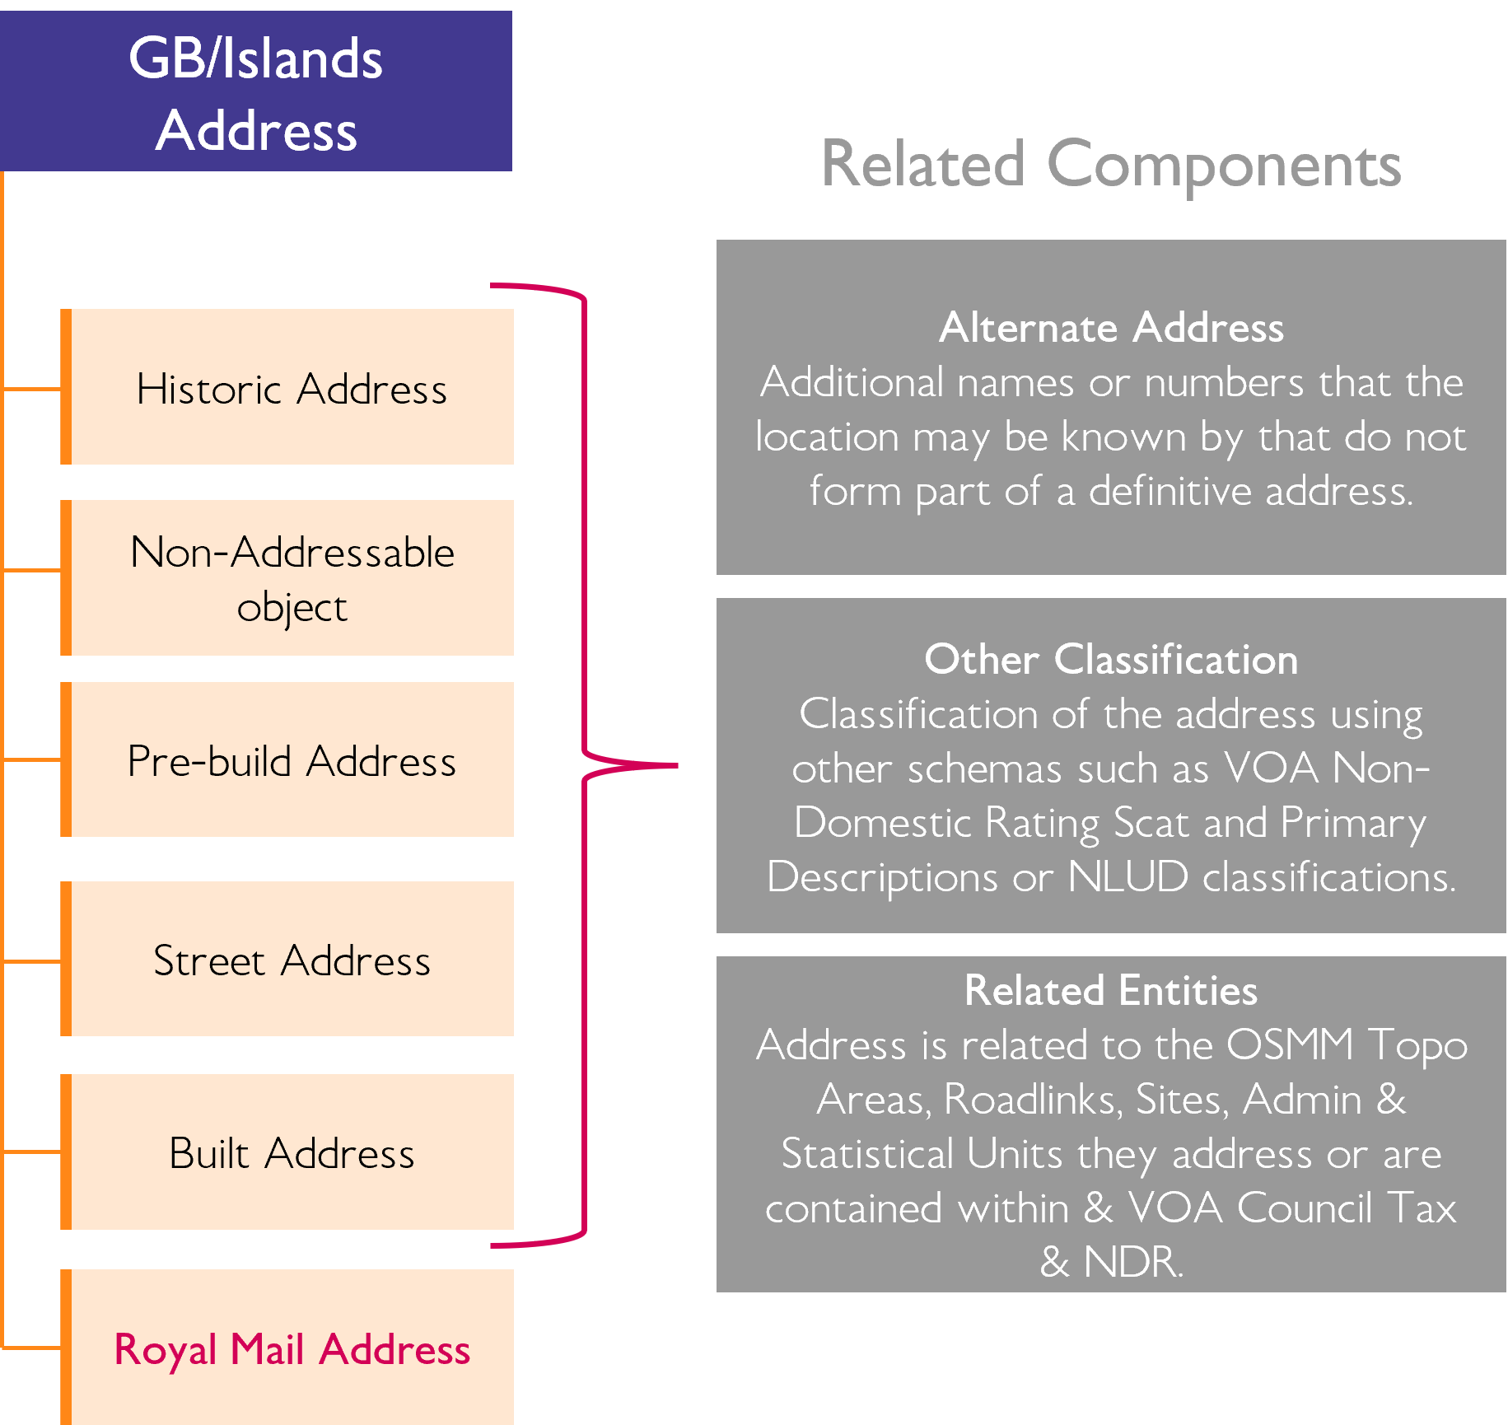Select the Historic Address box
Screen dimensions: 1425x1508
291,388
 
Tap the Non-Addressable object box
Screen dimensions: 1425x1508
291,578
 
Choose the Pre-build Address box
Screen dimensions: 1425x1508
291,760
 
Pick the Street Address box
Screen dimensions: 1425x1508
291,960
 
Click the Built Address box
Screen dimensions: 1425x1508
291,1152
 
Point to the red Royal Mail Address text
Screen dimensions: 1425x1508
292,1349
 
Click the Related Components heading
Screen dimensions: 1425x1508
1110,165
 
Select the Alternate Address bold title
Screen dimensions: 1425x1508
1111,328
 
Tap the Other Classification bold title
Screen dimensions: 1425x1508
1111,660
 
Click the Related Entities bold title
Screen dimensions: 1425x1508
1111,990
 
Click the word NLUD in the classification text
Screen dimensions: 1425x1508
1127,876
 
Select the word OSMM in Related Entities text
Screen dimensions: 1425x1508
1289,1044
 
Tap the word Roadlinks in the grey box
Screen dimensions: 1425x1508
1033,1099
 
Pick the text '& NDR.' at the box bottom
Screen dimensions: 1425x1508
1111,1261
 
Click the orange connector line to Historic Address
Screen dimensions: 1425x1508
31,388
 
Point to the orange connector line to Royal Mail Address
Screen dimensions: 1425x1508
31,1348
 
